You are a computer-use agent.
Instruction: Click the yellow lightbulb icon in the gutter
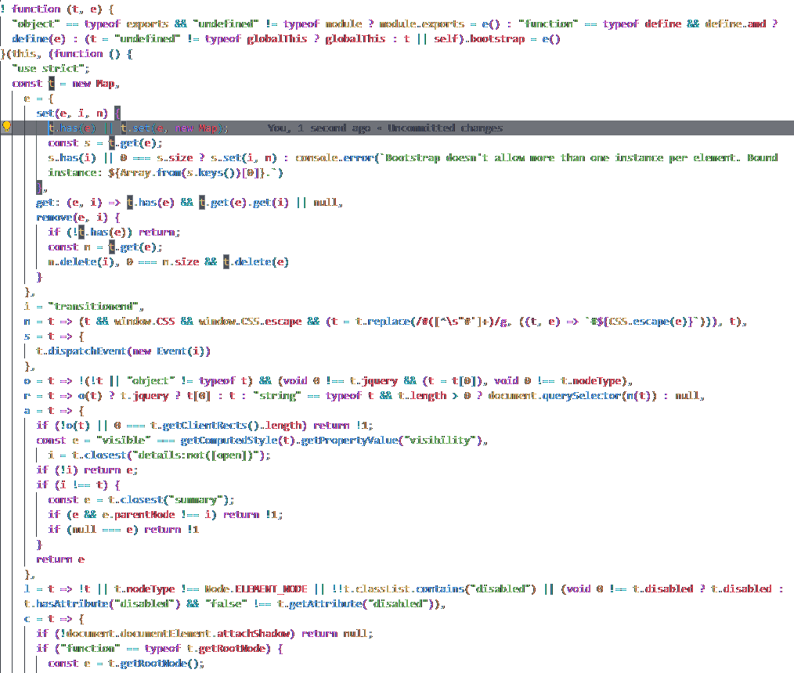point(7,128)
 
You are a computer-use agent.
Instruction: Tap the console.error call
point(334,157)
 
